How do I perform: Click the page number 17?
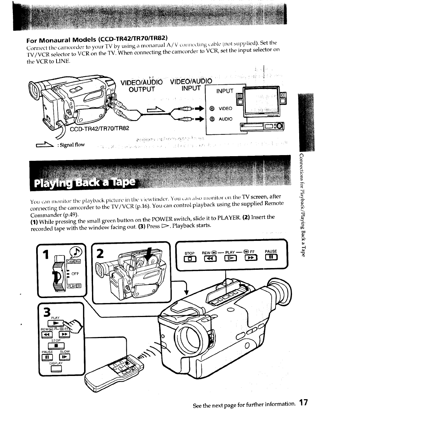[x=303, y=404]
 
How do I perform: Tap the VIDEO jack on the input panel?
[x=212, y=108]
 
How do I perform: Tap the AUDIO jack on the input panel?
[x=212, y=119]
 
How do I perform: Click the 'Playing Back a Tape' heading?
[x=85, y=183]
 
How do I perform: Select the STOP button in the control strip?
[x=190, y=258]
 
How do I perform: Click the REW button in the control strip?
[x=210, y=258]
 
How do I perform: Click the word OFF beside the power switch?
[x=75, y=274]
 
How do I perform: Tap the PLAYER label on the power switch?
[x=74, y=285]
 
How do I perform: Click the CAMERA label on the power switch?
[x=74, y=262]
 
